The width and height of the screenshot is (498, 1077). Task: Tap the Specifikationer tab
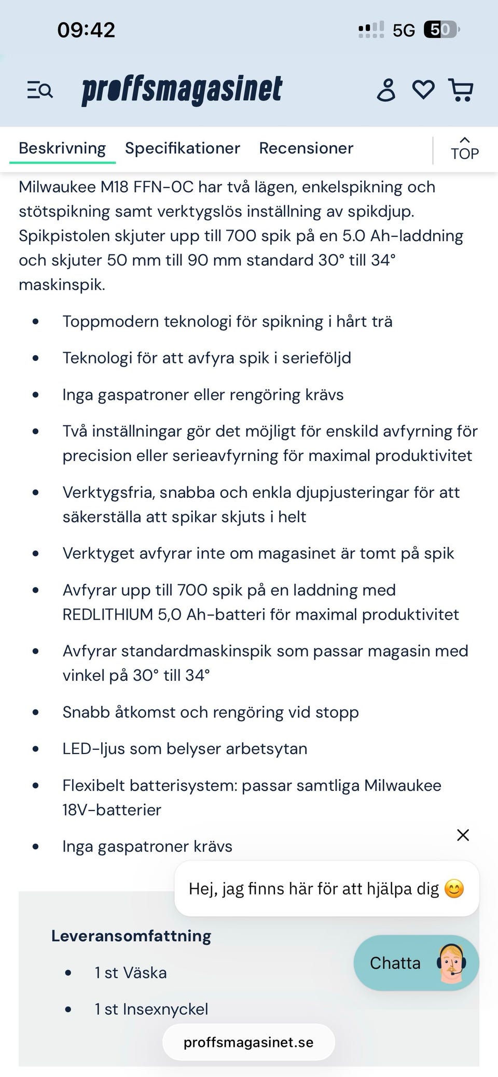pos(182,148)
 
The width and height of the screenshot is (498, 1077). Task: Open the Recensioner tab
pos(306,148)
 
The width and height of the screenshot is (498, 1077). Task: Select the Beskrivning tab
pos(62,148)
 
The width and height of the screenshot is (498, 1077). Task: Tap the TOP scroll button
pos(464,149)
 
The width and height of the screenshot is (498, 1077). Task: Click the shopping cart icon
pos(460,90)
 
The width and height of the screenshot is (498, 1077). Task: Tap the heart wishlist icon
pos(423,90)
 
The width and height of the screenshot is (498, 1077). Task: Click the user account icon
pos(386,90)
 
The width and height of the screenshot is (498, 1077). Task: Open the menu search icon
pos(40,90)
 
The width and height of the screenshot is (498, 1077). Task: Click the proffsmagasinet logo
pos(182,90)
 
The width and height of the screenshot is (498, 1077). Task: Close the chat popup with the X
pos(463,835)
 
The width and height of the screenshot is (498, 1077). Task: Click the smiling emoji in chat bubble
pos(454,889)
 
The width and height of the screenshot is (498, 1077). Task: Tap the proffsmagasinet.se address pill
pos(248,1042)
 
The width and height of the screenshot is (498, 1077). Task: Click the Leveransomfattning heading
pos(131,936)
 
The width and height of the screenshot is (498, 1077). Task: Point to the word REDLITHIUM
pos(107,614)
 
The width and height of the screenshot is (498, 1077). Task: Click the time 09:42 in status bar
pos(86,30)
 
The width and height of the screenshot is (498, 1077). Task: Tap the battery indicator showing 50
pos(441,30)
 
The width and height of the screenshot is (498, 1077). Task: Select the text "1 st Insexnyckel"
pos(151,1009)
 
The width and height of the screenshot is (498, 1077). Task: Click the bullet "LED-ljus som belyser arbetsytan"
pos(185,749)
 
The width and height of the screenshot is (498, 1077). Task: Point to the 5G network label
pos(404,31)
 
